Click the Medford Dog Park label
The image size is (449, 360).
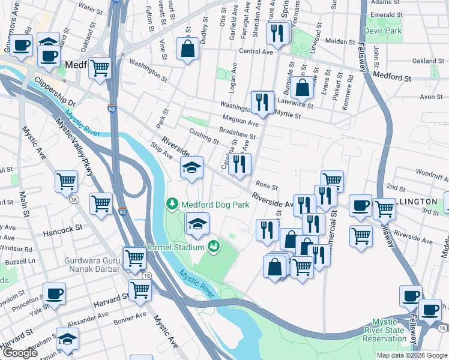215,205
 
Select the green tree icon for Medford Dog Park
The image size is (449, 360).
173,205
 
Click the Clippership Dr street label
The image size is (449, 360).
54,91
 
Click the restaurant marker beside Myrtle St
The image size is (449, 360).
262,102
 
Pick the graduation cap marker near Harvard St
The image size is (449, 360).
68,340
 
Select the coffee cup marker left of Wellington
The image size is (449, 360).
360,205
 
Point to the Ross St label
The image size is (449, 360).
267,184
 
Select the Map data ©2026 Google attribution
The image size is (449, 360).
412,355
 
